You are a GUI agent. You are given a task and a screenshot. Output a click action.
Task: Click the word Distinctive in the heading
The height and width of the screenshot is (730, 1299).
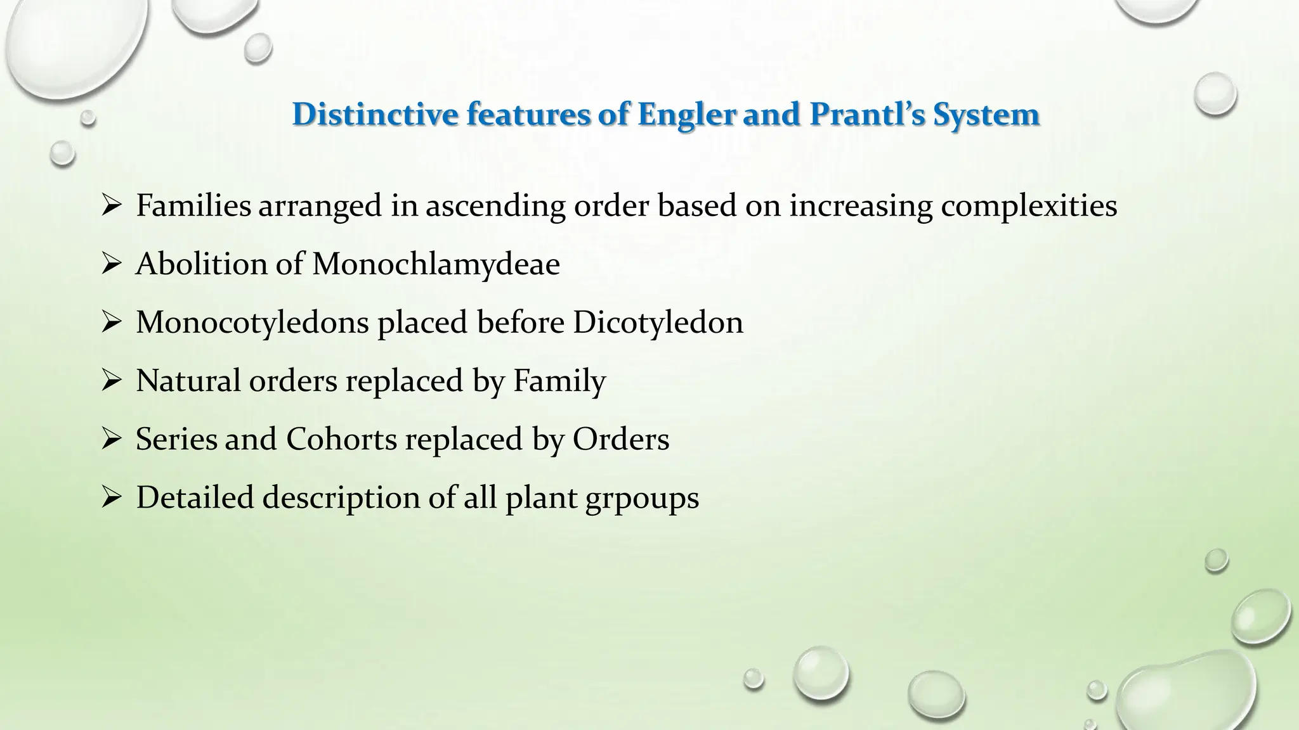click(375, 115)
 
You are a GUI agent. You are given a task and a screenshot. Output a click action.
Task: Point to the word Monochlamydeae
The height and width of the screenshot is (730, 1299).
click(436, 264)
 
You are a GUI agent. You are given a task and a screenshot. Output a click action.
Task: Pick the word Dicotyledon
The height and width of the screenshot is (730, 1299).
click(658, 323)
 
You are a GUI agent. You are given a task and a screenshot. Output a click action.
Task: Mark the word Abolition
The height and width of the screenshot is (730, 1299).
click(201, 264)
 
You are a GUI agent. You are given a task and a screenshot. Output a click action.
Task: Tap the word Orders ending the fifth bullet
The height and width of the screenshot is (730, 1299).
click(621, 439)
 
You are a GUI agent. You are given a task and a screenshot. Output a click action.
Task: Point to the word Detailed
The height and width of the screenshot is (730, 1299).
click(195, 497)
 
